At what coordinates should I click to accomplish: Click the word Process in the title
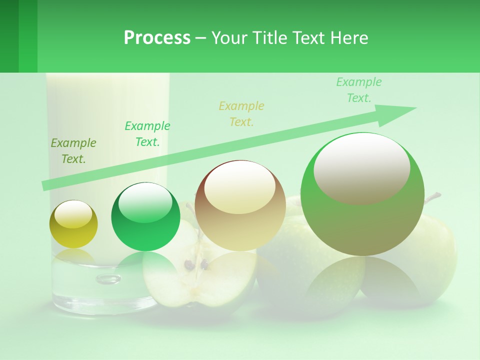coord(157,37)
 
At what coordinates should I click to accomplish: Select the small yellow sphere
coord(73,224)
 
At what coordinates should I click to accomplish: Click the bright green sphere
coord(145,217)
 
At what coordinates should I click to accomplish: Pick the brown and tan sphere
coord(240,205)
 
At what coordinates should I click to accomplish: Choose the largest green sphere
coord(362,194)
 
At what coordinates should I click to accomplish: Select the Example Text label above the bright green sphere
coord(147,134)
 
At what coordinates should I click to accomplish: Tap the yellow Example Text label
coord(241,113)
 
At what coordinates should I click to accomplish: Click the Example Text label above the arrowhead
coord(359,90)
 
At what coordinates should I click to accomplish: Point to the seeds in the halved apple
coord(196,264)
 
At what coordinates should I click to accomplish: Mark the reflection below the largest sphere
coord(362,280)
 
